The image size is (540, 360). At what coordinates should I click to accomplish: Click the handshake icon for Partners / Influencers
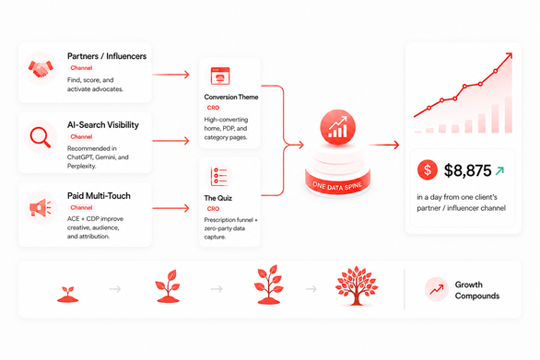point(41,68)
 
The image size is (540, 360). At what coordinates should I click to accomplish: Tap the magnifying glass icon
point(41,137)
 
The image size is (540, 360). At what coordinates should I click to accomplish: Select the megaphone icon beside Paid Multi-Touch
point(41,207)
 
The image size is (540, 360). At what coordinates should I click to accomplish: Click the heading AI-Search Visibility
point(103,125)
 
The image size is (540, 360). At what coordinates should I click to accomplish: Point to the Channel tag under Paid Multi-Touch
point(81,207)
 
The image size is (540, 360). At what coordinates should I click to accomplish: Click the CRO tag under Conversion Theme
point(213,108)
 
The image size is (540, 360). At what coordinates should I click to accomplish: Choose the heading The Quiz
point(218,198)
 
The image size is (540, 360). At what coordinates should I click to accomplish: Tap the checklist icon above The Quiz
point(219,176)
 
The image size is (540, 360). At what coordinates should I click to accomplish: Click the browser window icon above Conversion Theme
point(220,75)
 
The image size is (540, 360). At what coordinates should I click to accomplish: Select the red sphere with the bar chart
point(337,127)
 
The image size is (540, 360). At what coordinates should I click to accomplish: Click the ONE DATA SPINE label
point(337,186)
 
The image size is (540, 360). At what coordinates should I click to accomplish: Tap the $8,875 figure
point(467,170)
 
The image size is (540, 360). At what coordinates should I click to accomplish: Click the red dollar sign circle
point(428,169)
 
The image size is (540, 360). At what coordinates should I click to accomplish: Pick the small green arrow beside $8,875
point(499,170)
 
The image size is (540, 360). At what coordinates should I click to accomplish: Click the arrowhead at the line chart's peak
point(510,55)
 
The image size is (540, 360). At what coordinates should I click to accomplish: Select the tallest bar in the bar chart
point(509,114)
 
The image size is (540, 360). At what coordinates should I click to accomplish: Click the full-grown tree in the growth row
point(357,285)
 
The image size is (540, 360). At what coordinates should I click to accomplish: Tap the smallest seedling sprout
point(67,295)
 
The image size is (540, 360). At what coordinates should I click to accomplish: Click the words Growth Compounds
point(477,290)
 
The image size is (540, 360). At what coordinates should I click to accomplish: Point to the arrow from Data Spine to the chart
point(383,145)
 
